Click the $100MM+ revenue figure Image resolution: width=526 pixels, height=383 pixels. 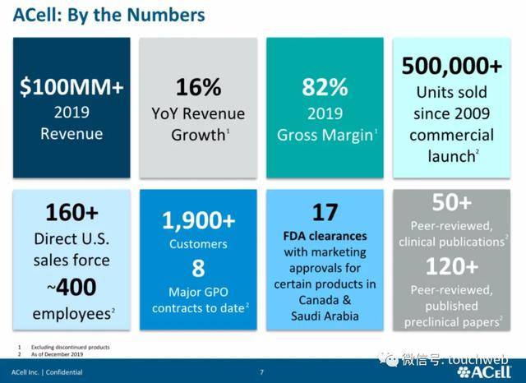[x=72, y=87]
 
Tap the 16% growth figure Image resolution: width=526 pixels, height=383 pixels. [x=198, y=87]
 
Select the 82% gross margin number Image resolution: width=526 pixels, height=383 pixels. [x=325, y=87]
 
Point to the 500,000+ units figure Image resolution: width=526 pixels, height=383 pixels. [x=451, y=66]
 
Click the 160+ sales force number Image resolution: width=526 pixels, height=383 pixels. [x=72, y=212]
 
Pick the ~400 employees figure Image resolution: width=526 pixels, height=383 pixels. [x=72, y=287]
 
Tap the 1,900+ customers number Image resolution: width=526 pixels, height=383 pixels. [x=199, y=221]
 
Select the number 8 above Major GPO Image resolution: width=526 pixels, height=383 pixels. [x=198, y=268]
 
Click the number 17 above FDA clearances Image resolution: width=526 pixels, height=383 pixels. [x=325, y=212]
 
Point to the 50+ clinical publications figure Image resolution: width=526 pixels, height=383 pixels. [x=451, y=202]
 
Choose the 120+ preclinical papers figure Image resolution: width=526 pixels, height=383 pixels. [x=451, y=266]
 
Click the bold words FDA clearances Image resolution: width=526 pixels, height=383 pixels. [x=325, y=236]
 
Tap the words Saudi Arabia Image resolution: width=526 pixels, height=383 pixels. [x=325, y=316]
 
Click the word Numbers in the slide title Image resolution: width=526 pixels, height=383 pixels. [x=166, y=15]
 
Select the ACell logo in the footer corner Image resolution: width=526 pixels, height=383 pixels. [x=484, y=372]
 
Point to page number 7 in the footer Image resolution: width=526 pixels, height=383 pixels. [x=261, y=372]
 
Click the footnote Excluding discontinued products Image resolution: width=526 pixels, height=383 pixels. [x=71, y=347]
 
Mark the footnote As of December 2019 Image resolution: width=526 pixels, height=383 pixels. [x=57, y=354]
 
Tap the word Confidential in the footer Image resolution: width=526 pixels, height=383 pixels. [x=64, y=372]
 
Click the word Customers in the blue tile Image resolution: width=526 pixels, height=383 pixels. [x=198, y=244]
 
